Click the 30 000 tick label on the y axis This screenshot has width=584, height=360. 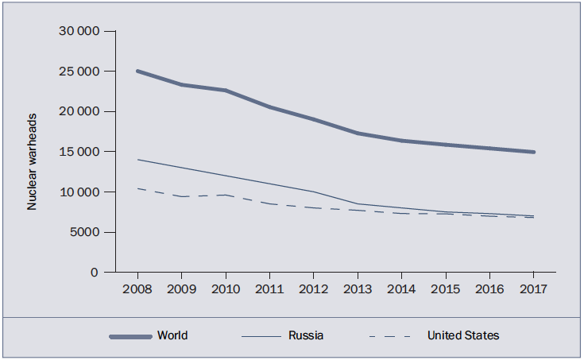point(78,31)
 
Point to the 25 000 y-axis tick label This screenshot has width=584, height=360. point(78,72)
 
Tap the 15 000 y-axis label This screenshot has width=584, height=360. point(78,152)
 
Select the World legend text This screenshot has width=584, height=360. point(172,335)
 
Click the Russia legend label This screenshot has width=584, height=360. point(306,335)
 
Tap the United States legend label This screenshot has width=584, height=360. point(463,335)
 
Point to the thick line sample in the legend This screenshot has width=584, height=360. point(130,337)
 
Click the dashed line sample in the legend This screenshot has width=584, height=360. point(389,337)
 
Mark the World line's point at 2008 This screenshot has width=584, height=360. point(137,71)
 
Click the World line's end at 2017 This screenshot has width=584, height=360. point(533,152)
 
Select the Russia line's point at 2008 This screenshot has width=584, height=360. point(137,160)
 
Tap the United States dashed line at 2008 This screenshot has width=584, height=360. point(137,188)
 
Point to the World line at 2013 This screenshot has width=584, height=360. point(358,133)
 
